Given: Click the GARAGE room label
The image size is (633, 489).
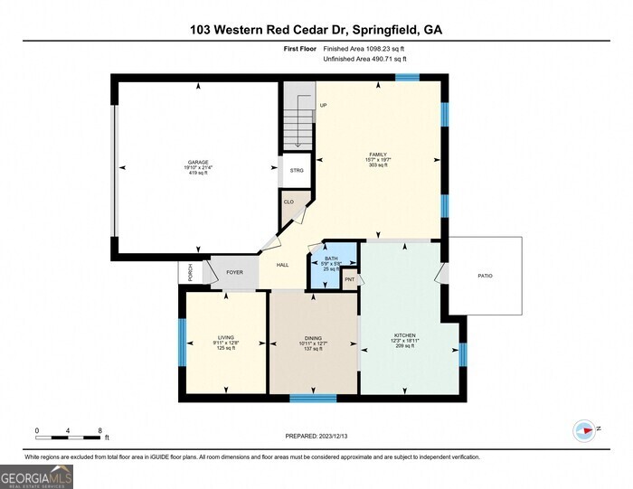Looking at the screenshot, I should pos(197,162).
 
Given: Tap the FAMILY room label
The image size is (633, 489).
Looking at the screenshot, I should pos(378,155).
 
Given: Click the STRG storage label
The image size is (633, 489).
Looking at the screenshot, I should pos(297,170).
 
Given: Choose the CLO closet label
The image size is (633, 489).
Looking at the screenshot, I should pos(288,202).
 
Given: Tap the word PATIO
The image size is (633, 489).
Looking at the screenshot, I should pos(486,275).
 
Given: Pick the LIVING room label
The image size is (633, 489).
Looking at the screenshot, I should pos(225,337).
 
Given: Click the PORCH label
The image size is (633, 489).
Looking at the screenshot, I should pos(190,271).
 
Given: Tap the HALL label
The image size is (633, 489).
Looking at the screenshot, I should pos(282,265).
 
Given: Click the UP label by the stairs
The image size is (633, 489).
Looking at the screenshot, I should pos(323,105).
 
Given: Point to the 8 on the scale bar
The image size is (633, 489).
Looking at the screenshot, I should pos(99,430).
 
